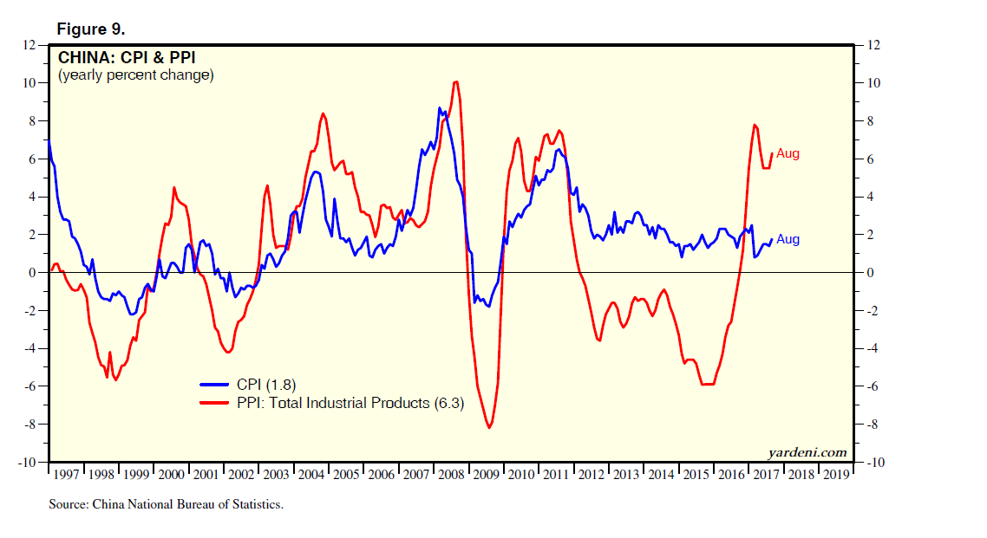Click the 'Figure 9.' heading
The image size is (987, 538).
tap(92, 29)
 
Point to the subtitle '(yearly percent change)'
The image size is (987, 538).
tap(135, 75)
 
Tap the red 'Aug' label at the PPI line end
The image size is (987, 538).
tap(788, 153)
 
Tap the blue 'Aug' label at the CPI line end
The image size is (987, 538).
tap(788, 239)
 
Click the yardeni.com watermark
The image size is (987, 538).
tap(807, 452)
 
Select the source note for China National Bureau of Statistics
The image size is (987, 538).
tap(167, 503)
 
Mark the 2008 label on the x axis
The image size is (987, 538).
tap(452, 475)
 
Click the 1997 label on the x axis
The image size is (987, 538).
tap(67, 475)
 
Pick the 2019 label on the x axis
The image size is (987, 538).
tap(837, 475)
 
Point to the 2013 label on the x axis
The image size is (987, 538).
tap(627, 475)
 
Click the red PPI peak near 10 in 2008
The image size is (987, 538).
tap(456, 82)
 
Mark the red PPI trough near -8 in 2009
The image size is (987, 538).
tap(489, 427)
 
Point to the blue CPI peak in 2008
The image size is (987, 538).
tap(440, 108)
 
